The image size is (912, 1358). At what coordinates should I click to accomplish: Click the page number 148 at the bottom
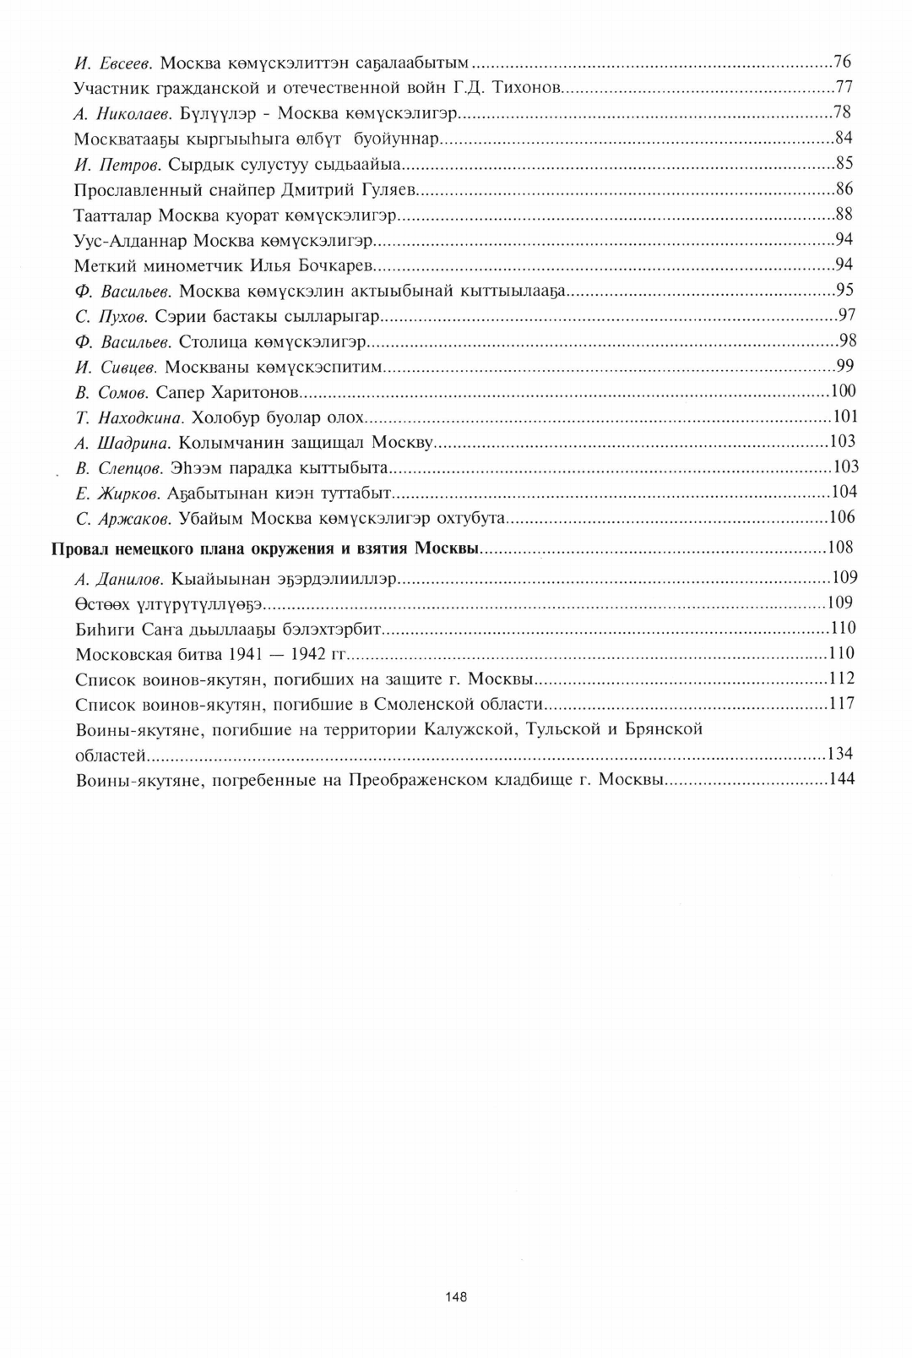click(456, 1296)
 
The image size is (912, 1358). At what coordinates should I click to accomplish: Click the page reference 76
click(842, 62)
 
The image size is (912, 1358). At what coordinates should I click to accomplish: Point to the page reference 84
click(844, 138)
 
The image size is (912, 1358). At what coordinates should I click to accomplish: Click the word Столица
click(209, 341)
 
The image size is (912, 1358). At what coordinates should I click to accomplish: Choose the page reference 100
click(843, 390)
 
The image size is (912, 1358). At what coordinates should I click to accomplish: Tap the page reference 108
click(840, 548)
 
